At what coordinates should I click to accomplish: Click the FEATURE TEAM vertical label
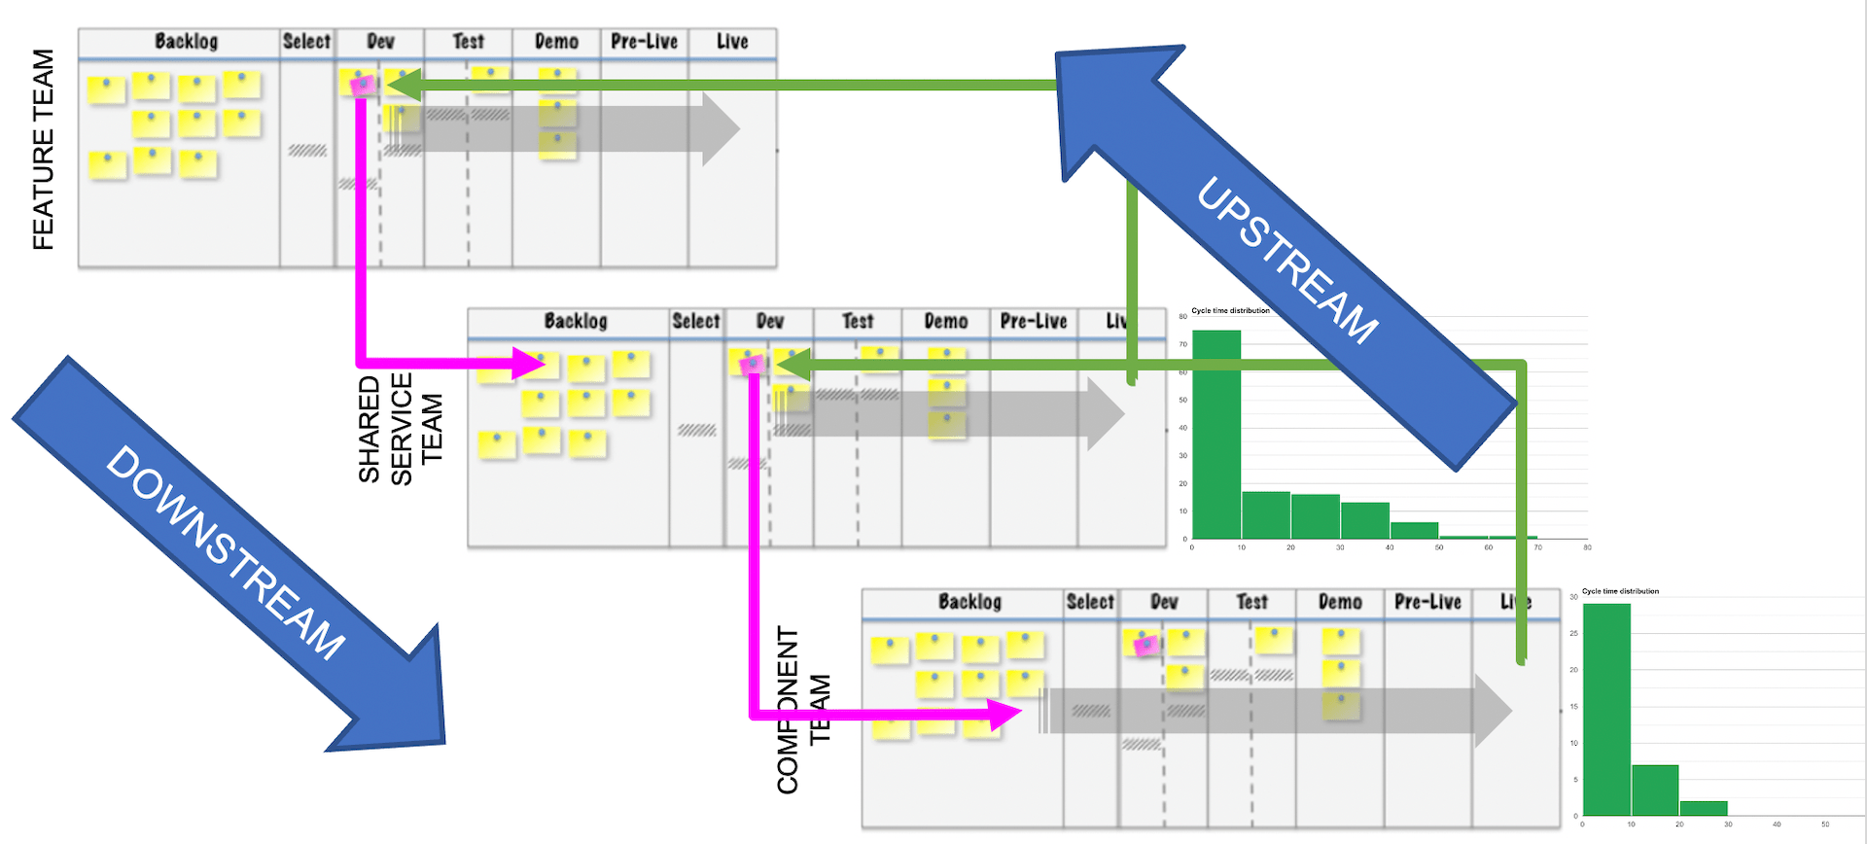click(x=43, y=150)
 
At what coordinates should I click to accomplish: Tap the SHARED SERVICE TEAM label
click(x=400, y=428)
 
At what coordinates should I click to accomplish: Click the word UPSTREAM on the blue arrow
click(x=1286, y=261)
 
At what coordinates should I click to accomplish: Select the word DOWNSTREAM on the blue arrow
click(x=226, y=552)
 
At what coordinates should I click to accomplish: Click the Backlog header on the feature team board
click(x=186, y=42)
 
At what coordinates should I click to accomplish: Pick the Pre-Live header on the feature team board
click(x=644, y=42)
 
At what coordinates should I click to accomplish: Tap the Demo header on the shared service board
click(x=945, y=322)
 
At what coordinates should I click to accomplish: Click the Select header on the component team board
click(x=1089, y=602)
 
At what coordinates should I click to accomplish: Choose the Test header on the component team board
click(x=1251, y=602)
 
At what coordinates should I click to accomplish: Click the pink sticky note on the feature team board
click(x=362, y=86)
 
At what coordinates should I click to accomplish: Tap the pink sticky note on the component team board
click(x=1145, y=644)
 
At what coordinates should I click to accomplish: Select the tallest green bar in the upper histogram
click(x=1216, y=434)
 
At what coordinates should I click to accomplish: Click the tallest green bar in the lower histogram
click(x=1606, y=710)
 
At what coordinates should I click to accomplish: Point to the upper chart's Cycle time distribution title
click(x=1230, y=311)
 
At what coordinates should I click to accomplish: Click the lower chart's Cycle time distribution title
click(x=1620, y=591)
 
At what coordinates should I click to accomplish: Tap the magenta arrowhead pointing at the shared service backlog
click(x=529, y=364)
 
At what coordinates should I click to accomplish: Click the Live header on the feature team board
click(x=732, y=42)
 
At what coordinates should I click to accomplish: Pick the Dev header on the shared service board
click(x=769, y=322)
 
